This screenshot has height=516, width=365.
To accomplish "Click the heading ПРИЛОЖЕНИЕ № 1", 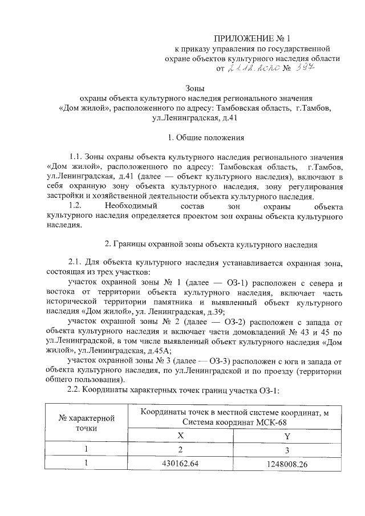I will [252, 39].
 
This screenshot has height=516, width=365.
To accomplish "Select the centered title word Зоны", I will [195, 88].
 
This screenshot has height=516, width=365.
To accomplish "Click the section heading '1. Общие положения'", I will [206, 137].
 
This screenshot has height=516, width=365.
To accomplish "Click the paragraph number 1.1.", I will [76, 157].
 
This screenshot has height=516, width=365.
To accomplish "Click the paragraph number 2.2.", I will [76, 390].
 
